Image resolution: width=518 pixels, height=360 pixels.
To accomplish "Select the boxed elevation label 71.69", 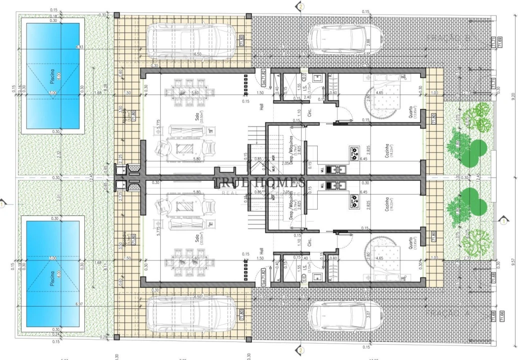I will [x=501, y=41].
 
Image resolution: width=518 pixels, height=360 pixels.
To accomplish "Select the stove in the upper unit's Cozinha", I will [x=355, y=151].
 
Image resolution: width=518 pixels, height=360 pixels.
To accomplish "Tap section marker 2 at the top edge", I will [x=300, y=6].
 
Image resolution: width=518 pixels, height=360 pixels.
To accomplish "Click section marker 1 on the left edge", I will [x=3, y=203].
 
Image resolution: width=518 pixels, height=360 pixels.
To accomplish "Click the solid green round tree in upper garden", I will [x=479, y=148].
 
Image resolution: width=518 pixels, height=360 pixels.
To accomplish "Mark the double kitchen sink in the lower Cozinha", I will [x=332, y=186].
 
